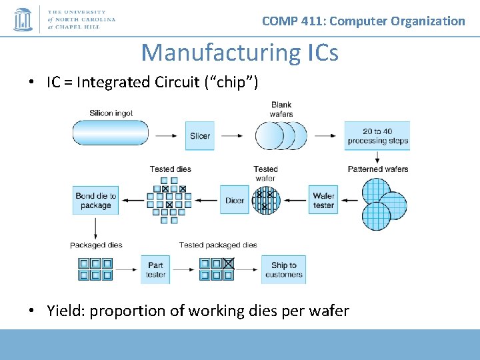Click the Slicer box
[200, 135]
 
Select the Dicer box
[235, 200]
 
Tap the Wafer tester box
[323, 200]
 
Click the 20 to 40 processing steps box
[377, 135]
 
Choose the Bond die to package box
[95, 200]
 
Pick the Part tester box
[155, 269]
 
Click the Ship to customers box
[283, 269]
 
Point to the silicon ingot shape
[110, 132]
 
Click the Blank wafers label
[281, 109]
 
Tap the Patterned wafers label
[378, 169]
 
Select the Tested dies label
[170, 169]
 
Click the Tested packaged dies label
[218, 245]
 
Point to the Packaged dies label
[96, 245]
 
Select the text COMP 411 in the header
[292, 21]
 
